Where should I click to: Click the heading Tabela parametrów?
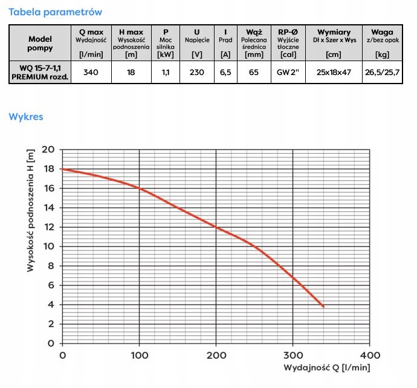55,12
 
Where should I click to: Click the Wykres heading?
26,117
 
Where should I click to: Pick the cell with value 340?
91,73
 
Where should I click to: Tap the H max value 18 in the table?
131,73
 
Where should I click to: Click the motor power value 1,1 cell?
166,73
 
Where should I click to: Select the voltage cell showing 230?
197,73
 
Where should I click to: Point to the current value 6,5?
225,73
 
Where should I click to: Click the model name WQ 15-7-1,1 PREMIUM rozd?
40,73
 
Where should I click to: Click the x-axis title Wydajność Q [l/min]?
327,368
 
